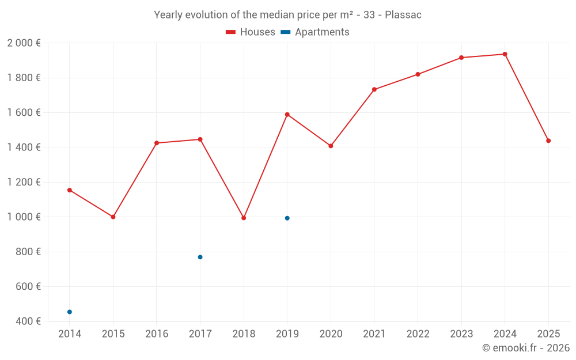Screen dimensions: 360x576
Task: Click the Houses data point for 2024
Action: click(x=505, y=54)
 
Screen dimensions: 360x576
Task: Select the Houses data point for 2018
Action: click(x=244, y=218)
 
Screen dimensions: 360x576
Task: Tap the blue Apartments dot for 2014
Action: click(x=70, y=312)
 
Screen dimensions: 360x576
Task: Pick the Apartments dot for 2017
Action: click(x=200, y=257)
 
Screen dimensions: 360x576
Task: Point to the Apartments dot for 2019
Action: click(x=287, y=218)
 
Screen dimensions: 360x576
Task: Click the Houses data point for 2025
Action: click(x=548, y=141)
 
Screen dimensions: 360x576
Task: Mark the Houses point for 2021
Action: click(x=374, y=89)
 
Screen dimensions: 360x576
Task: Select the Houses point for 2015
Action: click(x=113, y=217)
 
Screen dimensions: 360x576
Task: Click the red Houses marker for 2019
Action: click(x=287, y=115)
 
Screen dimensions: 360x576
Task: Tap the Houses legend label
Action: click(x=257, y=32)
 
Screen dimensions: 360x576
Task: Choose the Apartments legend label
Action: click(x=322, y=32)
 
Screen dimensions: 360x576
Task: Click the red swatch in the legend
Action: click(x=231, y=32)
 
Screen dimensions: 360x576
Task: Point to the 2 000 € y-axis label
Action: click(x=24, y=43)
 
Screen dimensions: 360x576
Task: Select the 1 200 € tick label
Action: click(x=24, y=182)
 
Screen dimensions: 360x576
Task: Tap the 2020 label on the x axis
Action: click(x=331, y=334)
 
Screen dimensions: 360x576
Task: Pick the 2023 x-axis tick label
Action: click(x=461, y=334)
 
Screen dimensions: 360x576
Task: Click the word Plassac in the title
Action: click(x=403, y=15)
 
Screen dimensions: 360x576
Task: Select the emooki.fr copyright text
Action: click(x=525, y=348)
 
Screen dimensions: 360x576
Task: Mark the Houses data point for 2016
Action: click(x=157, y=143)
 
